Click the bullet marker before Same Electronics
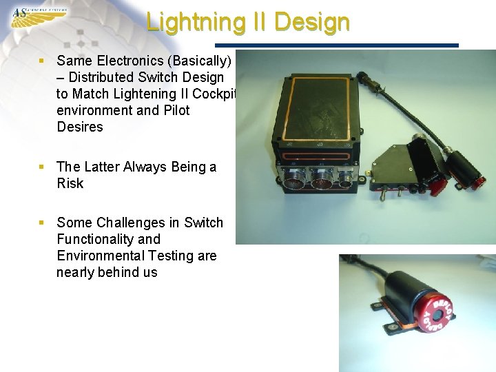(43, 61)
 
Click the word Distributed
(107, 77)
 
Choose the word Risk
(70, 183)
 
